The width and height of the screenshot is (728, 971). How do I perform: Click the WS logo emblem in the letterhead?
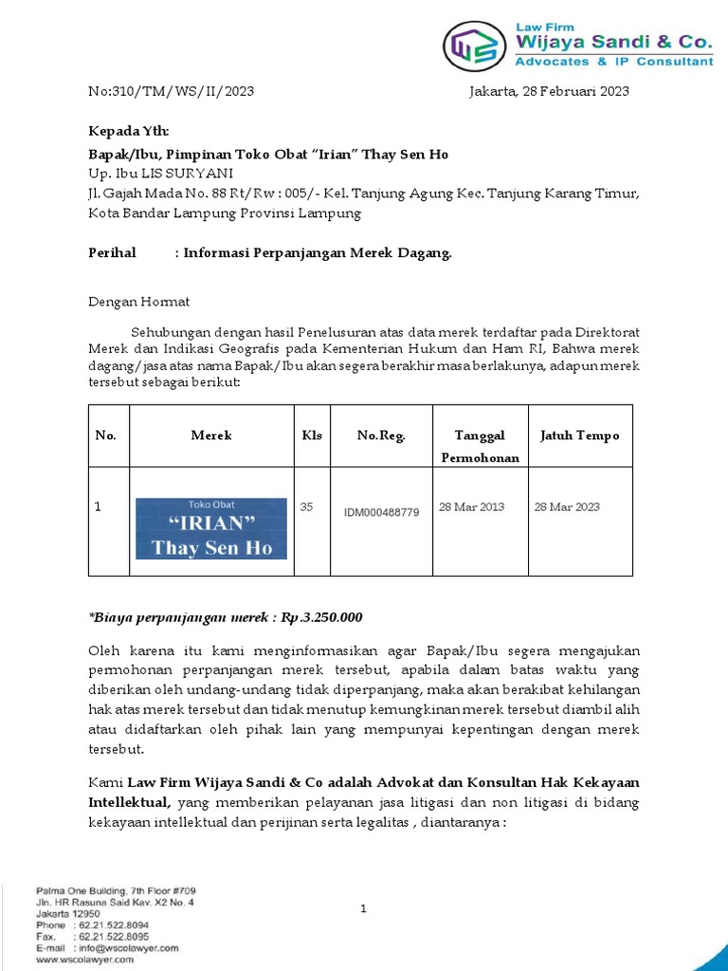click(x=473, y=46)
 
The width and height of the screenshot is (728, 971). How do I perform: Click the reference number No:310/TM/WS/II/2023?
click(x=171, y=92)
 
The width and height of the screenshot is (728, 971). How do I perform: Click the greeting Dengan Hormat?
click(x=138, y=302)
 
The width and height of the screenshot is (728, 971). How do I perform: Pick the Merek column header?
click(x=211, y=436)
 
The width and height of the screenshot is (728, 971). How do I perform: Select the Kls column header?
click(x=312, y=436)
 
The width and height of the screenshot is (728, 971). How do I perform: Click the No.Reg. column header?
click(x=381, y=436)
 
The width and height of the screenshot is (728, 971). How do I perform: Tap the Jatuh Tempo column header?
click(x=579, y=436)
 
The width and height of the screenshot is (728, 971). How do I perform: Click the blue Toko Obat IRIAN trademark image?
click(x=211, y=528)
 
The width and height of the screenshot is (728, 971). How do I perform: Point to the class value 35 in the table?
click(x=306, y=507)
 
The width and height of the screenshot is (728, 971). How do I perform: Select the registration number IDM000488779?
click(x=381, y=513)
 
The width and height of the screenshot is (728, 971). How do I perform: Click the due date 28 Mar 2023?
click(x=567, y=507)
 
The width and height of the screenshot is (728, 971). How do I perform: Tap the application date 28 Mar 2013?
click(x=472, y=507)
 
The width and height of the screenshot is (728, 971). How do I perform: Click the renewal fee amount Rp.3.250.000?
click(x=321, y=617)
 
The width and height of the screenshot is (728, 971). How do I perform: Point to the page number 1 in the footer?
click(x=363, y=909)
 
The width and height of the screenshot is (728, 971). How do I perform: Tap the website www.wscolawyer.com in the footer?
click(x=85, y=959)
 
